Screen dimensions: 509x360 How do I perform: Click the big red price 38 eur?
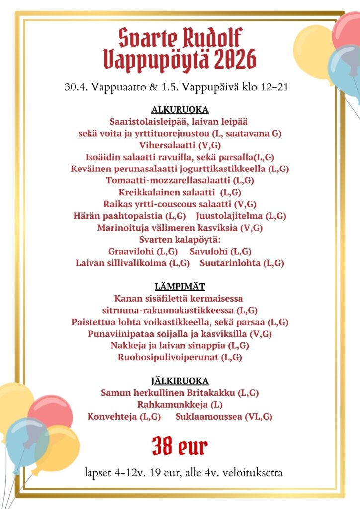(180, 446)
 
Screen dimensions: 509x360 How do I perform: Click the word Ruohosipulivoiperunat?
(169, 357)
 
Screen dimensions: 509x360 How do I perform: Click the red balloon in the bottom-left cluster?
(50, 413)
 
